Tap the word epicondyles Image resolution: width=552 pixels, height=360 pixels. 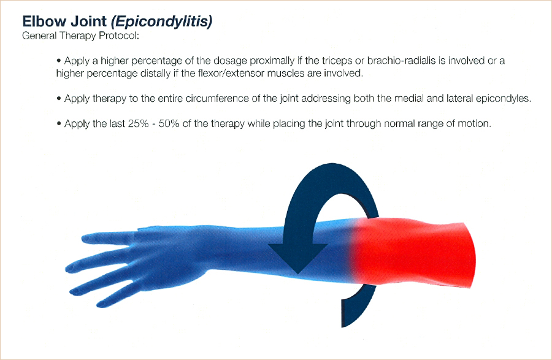point(503,99)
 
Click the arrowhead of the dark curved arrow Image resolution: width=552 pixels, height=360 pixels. point(298,258)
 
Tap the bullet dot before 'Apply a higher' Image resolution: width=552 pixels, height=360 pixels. point(59,61)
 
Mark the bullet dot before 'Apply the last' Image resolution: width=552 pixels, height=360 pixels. point(59,124)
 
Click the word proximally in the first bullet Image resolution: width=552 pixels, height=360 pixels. point(272,61)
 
